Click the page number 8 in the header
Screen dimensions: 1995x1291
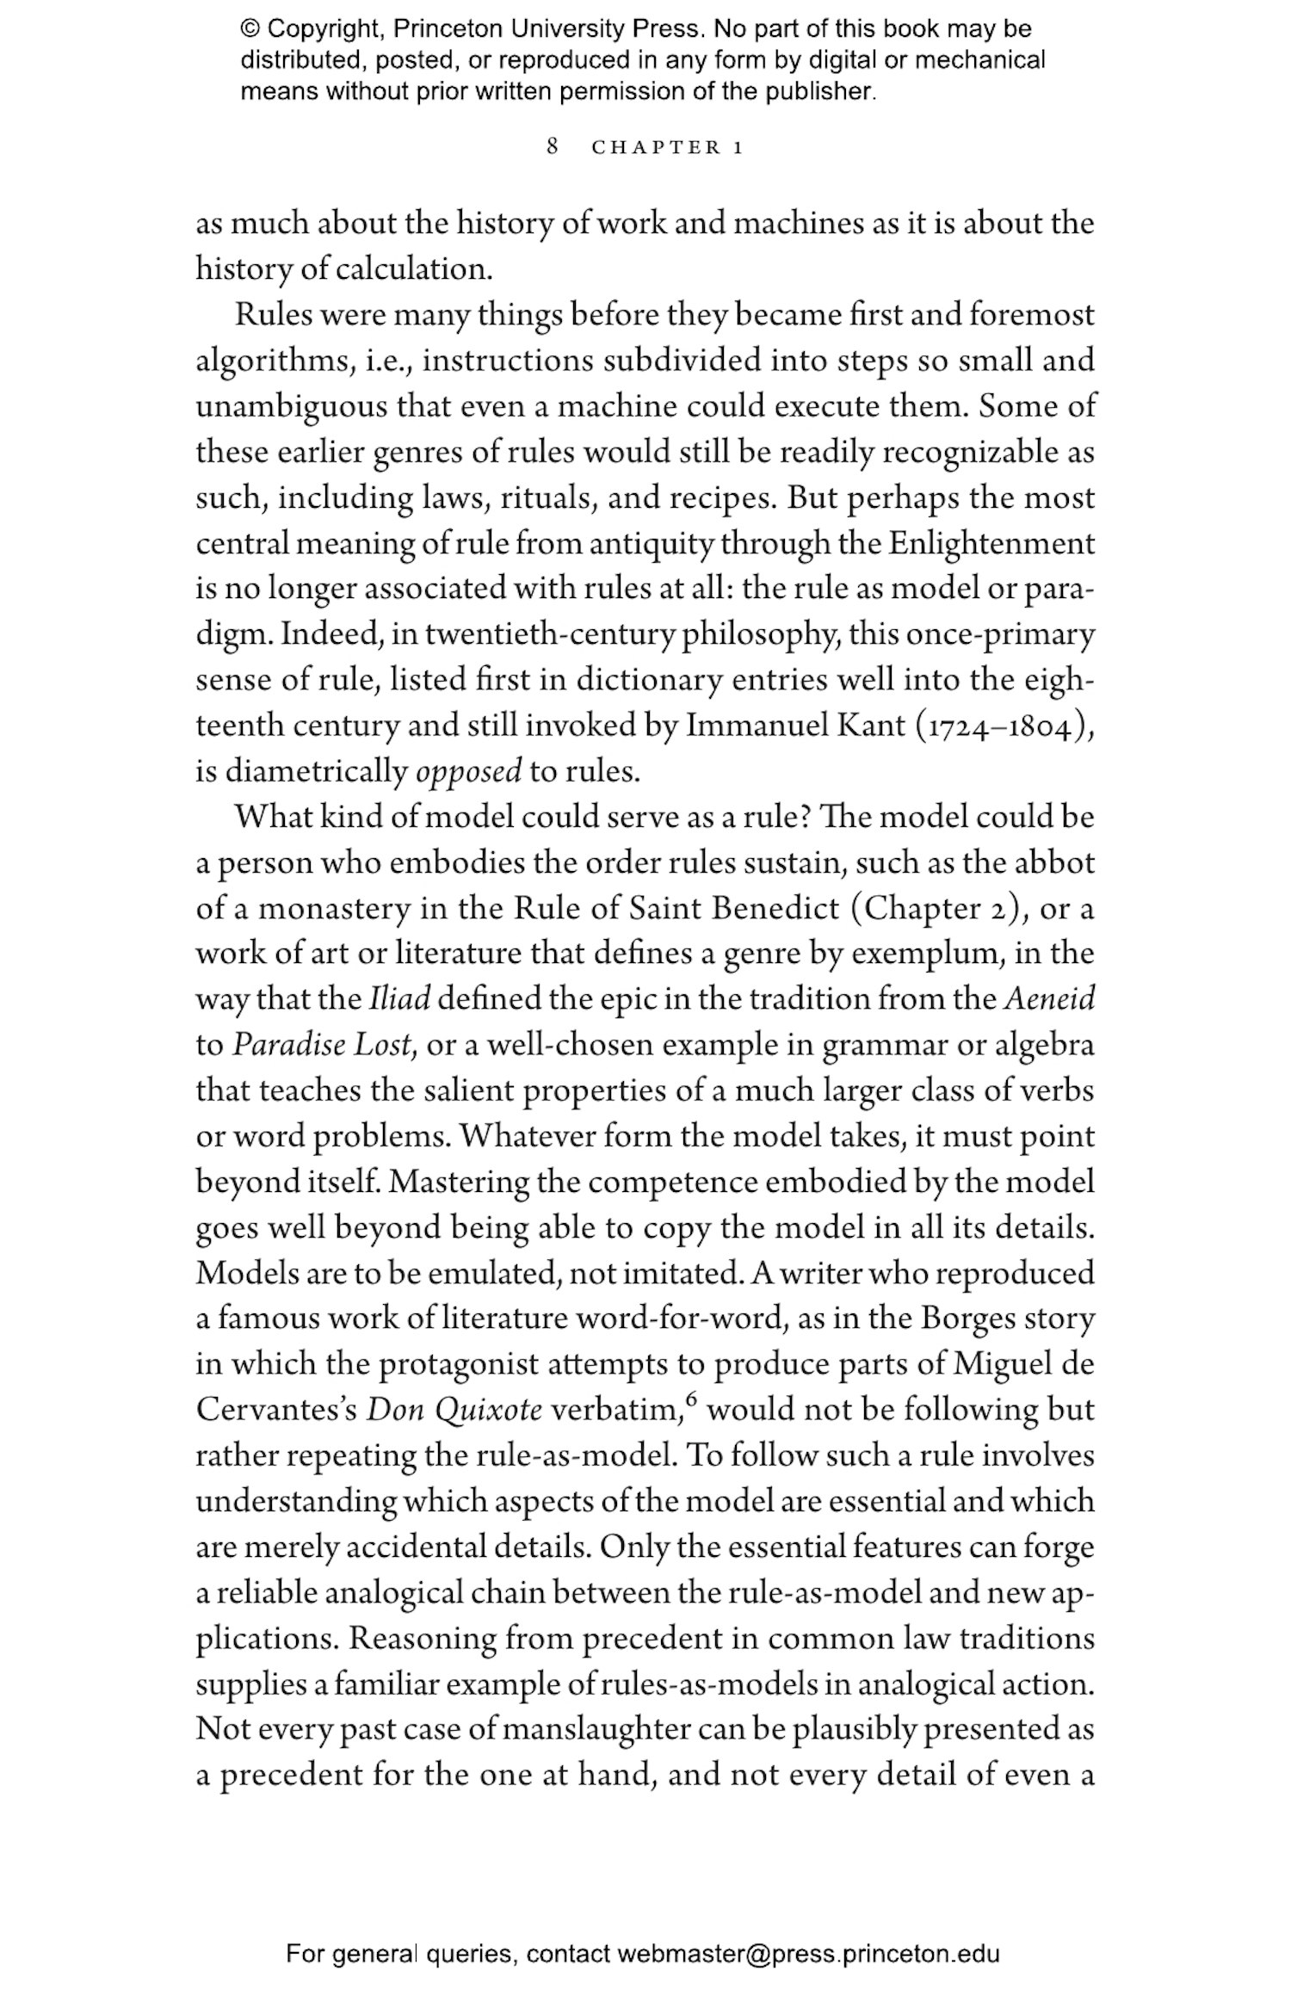click(x=553, y=146)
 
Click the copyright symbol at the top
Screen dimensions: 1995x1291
click(x=250, y=29)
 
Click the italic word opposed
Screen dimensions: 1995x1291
click(x=468, y=771)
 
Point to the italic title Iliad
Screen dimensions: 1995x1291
click(x=399, y=999)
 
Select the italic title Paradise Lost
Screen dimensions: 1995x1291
click(x=324, y=1045)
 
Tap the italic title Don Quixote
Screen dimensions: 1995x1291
click(x=454, y=1410)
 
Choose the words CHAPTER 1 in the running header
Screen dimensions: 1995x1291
click(x=667, y=147)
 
